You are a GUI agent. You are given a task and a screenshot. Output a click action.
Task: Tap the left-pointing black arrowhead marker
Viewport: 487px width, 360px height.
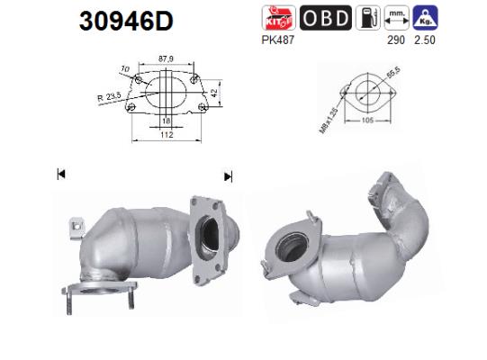61,175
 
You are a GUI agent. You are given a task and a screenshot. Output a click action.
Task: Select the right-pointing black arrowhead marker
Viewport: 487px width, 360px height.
228,176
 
